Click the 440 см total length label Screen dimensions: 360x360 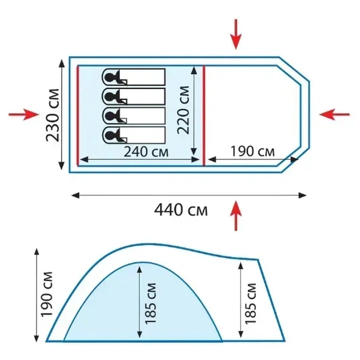pyautogui.click(x=181, y=210)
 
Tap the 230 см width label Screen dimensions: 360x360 pyautogui.click(x=53, y=115)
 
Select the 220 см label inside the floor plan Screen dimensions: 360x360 pyautogui.click(x=183, y=110)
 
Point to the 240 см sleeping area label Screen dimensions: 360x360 pyautogui.click(x=146, y=152)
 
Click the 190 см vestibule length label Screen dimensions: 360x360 pyautogui.click(x=253, y=151)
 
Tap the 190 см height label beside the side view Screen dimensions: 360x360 pyautogui.click(x=47, y=294)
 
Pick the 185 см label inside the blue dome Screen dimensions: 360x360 pyautogui.click(x=150, y=304)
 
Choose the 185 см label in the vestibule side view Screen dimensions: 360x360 pyautogui.click(x=250, y=304)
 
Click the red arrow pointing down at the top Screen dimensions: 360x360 pyautogui.click(x=236, y=34)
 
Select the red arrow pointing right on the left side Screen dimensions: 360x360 pyautogui.click(x=24, y=114)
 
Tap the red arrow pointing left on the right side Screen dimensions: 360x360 pyautogui.click(x=334, y=114)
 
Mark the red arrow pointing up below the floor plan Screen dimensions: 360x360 pyautogui.click(x=236, y=215)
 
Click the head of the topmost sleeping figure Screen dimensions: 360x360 pyautogui.click(x=110, y=77)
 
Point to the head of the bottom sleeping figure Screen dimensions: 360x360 pyautogui.click(x=110, y=135)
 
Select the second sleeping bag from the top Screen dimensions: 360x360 pyautogui.click(x=133, y=96)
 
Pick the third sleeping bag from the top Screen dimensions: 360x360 pyautogui.click(x=133, y=115)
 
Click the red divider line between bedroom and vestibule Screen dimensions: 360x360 pyautogui.click(x=204, y=115)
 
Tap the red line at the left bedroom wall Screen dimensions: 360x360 pyautogui.click(x=78, y=115)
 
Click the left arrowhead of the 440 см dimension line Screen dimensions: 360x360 pyautogui.click(x=75, y=195)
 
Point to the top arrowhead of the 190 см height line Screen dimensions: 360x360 pyautogui.click(x=37, y=252)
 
